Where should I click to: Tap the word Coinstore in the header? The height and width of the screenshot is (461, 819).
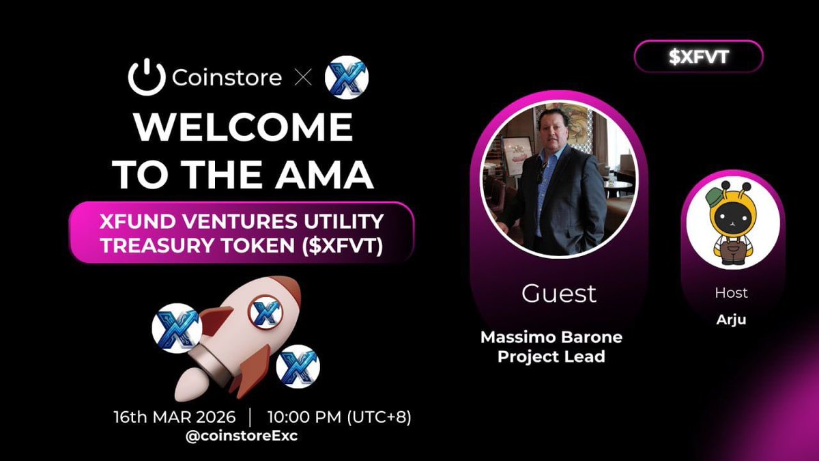coord(227,78)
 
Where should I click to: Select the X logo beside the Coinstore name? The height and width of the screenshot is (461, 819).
coord(346,78)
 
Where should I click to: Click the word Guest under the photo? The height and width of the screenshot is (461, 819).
coord(558,293)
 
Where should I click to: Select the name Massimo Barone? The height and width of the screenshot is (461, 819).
coord(551,337)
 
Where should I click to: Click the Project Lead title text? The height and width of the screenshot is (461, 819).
coord(551,357)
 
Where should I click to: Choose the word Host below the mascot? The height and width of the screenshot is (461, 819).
coord(731,293)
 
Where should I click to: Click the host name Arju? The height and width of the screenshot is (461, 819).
coord(731,320)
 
